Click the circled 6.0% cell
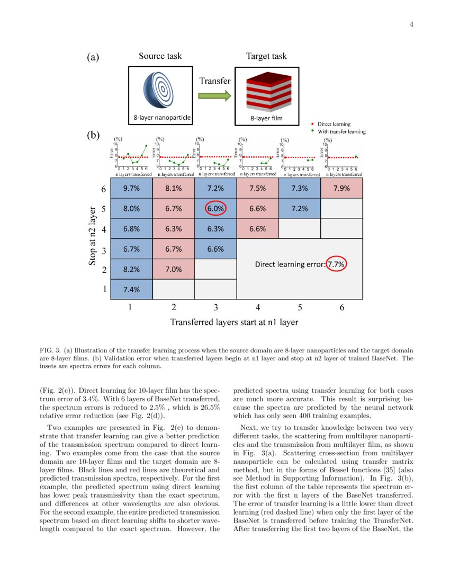(x=215, y=208)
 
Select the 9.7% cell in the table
(x=131, y=188)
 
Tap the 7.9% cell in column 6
(x=341, y=188)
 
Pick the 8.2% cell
(x=131, y=269)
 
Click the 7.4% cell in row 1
(x=131, y=289)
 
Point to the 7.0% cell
(x=173, y=269)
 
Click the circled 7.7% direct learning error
(x=336, y=263)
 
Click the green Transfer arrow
(x=215, y=96)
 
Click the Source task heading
(x=160, y=56)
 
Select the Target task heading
(x=266, y=56)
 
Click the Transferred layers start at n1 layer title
(x=234, y=322)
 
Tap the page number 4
(x=411, y=23)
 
